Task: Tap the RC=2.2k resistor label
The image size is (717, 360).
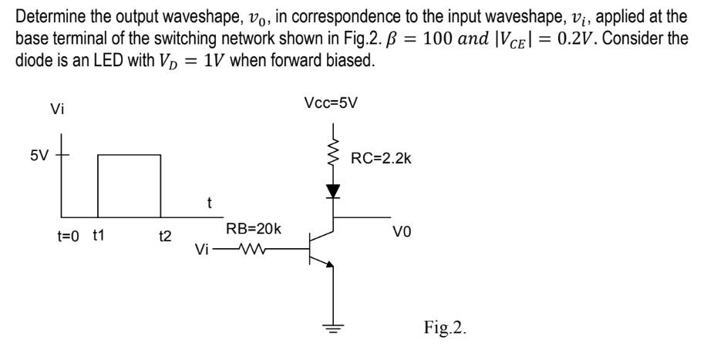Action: click(x=381, y=159)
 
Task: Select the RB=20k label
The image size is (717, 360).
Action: click(x=254, y=229)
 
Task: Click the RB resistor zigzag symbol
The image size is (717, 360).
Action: click(x=253, y=249)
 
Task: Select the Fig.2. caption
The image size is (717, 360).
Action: click(x=445, y=328)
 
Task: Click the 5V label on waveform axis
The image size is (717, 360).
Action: click(x=40, y=156)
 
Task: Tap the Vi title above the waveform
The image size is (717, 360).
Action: click(x=56, y=109)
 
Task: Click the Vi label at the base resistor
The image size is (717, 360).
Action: click(x=202, y=250)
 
